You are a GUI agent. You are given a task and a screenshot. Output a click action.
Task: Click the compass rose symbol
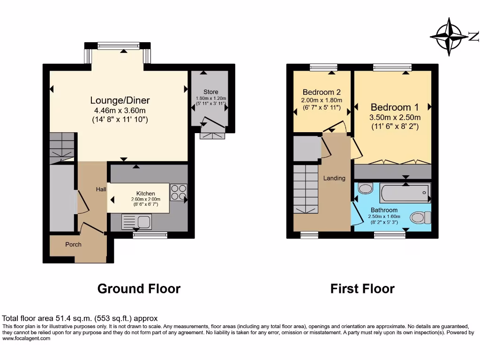tap(450, 37)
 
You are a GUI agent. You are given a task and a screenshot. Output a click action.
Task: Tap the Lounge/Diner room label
tap(120, 100)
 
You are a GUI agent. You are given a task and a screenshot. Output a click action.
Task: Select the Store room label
tap(210, 92)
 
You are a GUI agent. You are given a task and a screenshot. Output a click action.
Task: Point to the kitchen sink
tap(136, 221)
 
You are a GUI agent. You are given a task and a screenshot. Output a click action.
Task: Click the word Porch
tap(73, 244)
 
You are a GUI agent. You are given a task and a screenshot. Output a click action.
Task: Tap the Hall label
tap(101, 189)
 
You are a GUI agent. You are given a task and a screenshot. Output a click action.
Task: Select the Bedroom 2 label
tap(321, 92)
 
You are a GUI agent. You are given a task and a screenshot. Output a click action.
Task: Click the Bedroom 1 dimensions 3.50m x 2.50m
tap(395, 117)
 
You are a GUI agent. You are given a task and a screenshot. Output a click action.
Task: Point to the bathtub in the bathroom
tap(405, 192)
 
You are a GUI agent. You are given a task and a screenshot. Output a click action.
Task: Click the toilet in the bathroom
tap(420, 217)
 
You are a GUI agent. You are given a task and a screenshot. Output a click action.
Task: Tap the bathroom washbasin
tap(364, 188)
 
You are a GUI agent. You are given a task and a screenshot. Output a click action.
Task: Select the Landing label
tap(334, 178)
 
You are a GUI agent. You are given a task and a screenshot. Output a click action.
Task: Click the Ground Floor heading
tap(139, 288)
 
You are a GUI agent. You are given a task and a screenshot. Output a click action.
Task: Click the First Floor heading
tap(362, 288)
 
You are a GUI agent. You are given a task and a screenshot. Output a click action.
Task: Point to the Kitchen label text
tap(145, 194)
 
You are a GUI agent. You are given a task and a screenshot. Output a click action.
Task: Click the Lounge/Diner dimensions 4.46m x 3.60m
tap(120, 111)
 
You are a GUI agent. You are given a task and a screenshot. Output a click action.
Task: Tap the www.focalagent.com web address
tap(26, 338)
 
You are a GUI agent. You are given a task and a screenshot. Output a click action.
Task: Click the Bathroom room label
tap(384, 210)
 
